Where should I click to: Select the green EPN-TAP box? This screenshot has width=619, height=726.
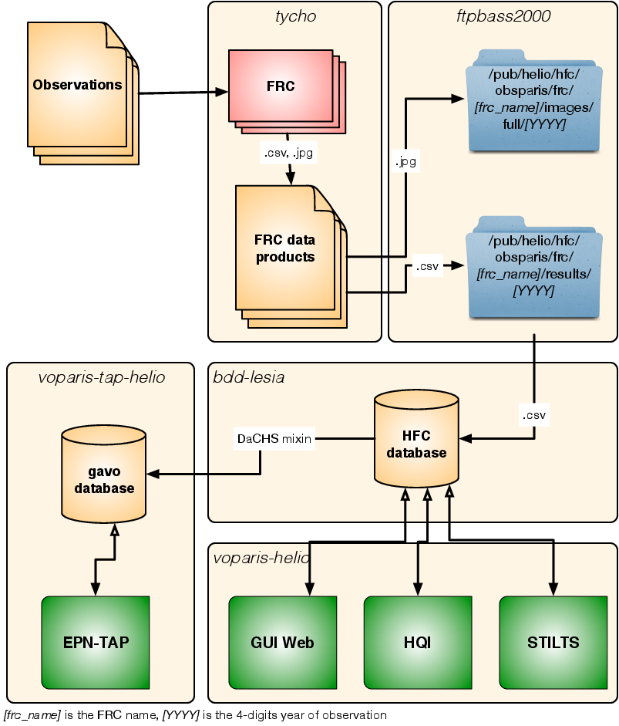pyautogui.click(x=96, y=643)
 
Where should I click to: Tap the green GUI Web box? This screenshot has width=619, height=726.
pyautogui.click(x=282, y=643)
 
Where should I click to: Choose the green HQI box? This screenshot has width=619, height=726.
pyautogui.click(x=417, y=643)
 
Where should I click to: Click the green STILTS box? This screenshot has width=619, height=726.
pyautogui.click(x=553, y=643)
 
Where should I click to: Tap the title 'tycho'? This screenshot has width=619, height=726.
pyautogui.click(x=295, y=16)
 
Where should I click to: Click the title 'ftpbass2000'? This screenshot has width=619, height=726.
pyautogui.click(x=502, y=16)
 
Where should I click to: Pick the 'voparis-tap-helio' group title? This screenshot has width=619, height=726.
pyautogui.click(x=101, y=377)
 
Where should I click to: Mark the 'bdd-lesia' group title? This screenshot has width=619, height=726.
pyautogui.click(x=248, y=377)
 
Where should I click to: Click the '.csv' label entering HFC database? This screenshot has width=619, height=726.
pyautogui.click(x=535, y=416)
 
